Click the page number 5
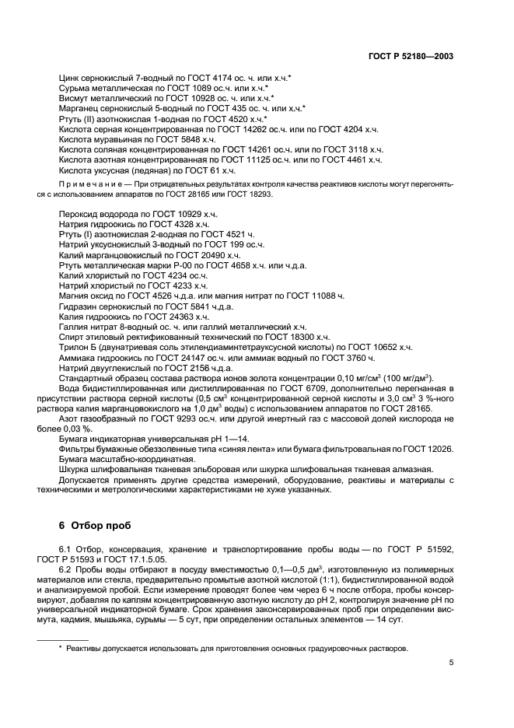pos(451,663)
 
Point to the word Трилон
pos(75,347)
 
